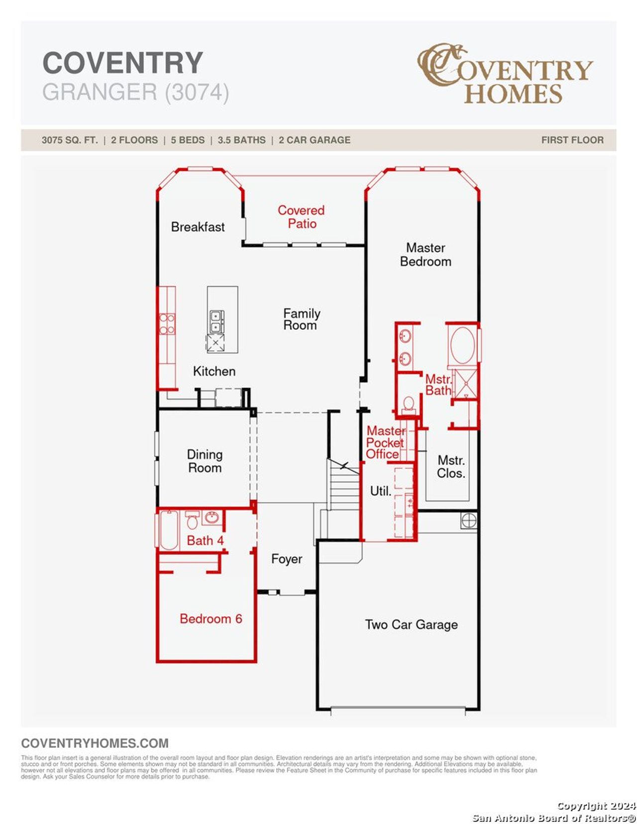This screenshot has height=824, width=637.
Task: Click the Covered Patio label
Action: [301, 217]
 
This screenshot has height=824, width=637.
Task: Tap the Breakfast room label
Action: [198, 227]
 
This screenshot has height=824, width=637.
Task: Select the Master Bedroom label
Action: [425, 254]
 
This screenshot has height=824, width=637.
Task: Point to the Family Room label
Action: [301, 319]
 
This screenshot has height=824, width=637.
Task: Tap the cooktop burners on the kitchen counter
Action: [167, 323]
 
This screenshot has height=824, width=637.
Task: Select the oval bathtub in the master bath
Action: [462, 345]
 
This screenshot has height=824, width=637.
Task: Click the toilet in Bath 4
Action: [192, 521]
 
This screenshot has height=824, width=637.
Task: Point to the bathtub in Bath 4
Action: [169, 530]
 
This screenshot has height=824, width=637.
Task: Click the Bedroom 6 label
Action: [211, 618]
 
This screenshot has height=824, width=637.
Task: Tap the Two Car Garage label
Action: [411, 624]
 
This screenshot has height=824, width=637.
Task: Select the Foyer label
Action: [286, 559]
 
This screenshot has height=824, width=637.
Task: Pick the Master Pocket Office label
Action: [384, 442]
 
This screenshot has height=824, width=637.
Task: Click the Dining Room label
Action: [205, 461]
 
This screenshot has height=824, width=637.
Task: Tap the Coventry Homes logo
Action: [505, 74]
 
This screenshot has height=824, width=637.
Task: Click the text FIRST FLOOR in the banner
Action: [572, 140]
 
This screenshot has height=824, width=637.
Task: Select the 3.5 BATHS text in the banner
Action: [241, 140]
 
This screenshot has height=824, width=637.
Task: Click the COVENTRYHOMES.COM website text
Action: [95, 743]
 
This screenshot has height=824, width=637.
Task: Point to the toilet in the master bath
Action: [409, 404]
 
